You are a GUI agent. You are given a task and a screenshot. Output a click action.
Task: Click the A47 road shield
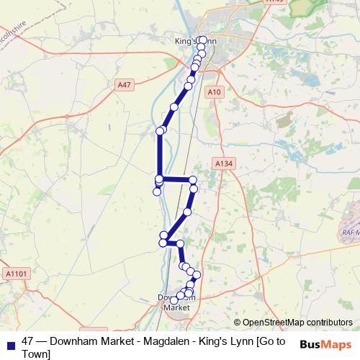click(x=125, y=85)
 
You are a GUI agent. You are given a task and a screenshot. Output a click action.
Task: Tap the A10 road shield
click(x=213, y=91)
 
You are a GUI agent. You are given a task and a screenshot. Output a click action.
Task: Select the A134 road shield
click(x=224, y=165)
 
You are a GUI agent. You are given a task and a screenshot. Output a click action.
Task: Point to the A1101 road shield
click(x=14, y=273)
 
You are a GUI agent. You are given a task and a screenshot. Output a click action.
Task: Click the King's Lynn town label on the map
click(x=194, y=42)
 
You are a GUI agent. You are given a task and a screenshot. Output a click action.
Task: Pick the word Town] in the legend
click(x=36, y=354)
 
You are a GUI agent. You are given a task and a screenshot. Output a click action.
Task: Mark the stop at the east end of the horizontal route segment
click(x=193, y=179)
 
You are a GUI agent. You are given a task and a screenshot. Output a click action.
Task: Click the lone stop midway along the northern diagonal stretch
click(x=174, y=107)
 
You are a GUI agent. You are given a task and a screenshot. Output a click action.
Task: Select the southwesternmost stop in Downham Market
click(x=174, y=300)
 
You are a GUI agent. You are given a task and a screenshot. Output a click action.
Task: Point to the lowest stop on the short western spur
click(x=157, y=192)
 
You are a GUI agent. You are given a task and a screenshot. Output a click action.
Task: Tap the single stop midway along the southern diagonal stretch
click(x=187, y=212)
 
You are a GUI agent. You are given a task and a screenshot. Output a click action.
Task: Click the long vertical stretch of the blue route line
click(x=159, y=155)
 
